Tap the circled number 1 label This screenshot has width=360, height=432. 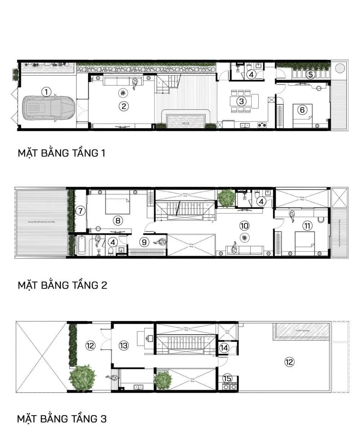pyautogui.click(x=46, y=92)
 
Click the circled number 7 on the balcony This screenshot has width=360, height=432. pyautogui.click(x=80, y=211)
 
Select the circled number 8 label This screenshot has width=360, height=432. pyautogui.click(x=117, y=220)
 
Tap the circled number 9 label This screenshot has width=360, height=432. pyautogui.click(x=145, y=242)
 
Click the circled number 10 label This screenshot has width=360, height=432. pyautogui.click(x=244, y=226)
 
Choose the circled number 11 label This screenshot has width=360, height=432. pyautogui.click(x=307, y=226)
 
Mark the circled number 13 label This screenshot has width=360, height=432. pyautogui.click(x=124, y=346)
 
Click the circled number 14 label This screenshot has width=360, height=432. pyautogui.click(x=224, y=348)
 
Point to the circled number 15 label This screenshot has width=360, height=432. pyautogui.click(x=227, y=378)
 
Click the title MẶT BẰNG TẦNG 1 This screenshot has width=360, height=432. pyautogui.click(x=62, y=153)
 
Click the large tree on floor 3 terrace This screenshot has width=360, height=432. pyautogui.click(x=83, y=378)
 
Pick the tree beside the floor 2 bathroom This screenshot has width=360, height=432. pyautogui.click(x=226, y=197)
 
